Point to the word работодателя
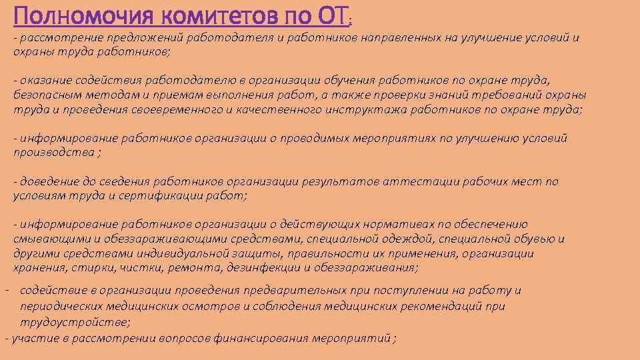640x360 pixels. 226,38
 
